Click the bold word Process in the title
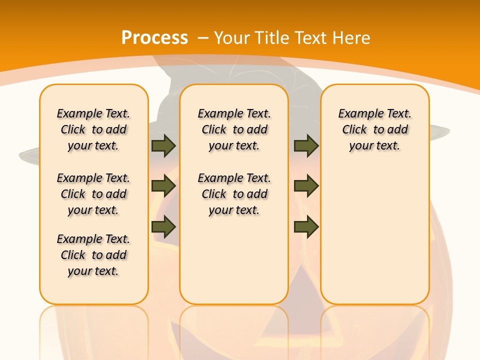[x=154, y=38]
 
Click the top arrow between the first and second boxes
[x=163, y=145]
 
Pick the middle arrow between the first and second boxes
[x=163, y=186]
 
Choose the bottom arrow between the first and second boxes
[x=163, y=226]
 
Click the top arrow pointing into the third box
[x=306, y=145]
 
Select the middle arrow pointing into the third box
[x=306, y=186]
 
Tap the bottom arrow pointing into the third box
[x=306, y=226]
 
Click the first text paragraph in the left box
[x=93, y=129]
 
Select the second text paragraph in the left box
[x=93, y=194]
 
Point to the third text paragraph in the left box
[x=93, y=255]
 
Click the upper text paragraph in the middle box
[x=234, y=129]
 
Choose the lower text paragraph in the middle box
[x=234, y=194]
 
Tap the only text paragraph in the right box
[x=374, y=129]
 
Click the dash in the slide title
[x=203, y=38]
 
